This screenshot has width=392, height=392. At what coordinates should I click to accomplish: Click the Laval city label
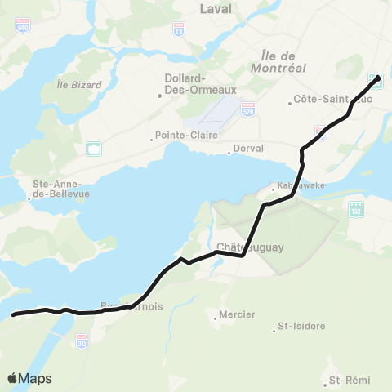pos(216,9)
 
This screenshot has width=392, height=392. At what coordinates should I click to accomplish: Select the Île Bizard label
pos(79,85)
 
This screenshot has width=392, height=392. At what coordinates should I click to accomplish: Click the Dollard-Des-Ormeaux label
pos(189,86)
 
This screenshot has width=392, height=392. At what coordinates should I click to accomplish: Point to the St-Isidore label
pos(301,326)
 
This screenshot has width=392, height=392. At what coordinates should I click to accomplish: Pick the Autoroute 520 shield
pos(248,108)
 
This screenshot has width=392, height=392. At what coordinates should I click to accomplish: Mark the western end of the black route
pos(13,314)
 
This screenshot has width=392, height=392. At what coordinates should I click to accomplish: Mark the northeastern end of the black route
pos(378,78)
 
